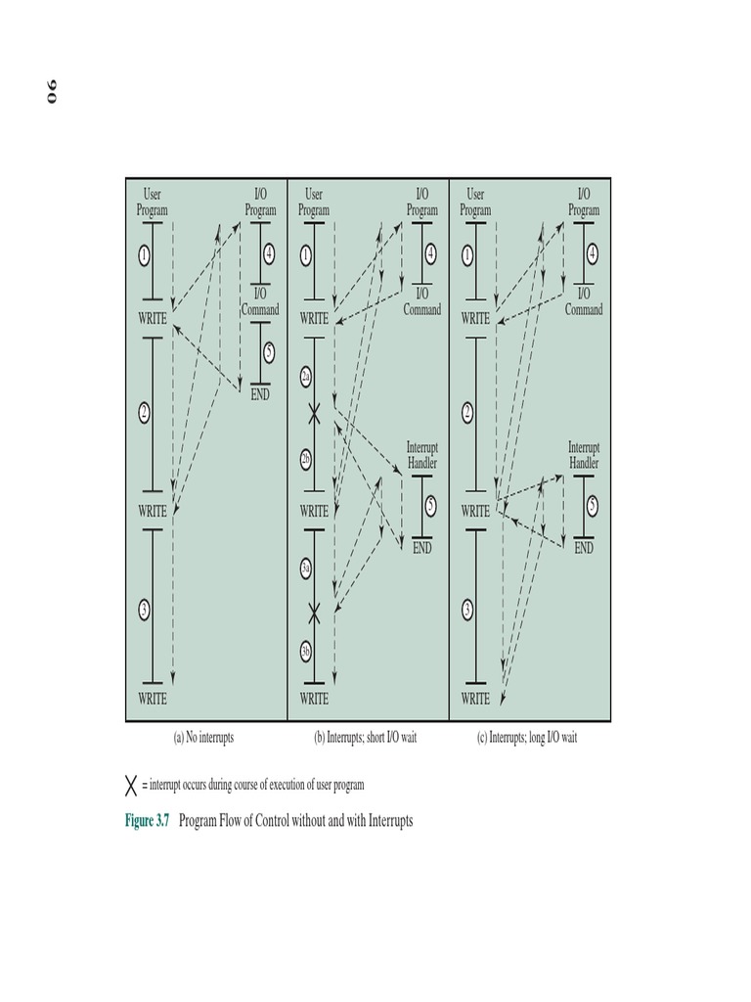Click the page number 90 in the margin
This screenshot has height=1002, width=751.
coord(49,95)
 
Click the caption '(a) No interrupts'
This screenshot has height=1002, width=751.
coord(203,738)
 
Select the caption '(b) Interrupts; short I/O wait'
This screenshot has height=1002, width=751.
coord(365,738)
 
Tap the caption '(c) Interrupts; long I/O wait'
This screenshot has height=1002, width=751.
coord(526,738)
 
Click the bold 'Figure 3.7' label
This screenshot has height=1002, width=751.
coord(148,821)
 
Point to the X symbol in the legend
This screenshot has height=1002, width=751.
coord(131,785)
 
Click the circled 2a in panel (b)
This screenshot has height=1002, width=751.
coord(306,377)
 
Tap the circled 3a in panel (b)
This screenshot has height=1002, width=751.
coord(306,568)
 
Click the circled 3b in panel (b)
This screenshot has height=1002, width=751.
coord(306,651)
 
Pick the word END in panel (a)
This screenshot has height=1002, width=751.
coord(260,395)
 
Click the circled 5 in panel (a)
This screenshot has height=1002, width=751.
coord(269,352)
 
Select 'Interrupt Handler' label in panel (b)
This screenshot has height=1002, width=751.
coord(421,455)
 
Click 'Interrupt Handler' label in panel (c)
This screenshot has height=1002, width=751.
coord(584,455)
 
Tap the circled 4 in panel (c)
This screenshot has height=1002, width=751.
coord(592,252)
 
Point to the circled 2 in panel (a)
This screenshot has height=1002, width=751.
coord(144,412)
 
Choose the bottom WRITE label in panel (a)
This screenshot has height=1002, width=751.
coord(152,699)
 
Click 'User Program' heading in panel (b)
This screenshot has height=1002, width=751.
coord(314,203)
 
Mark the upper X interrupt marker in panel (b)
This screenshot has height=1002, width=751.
coord(314,415)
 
